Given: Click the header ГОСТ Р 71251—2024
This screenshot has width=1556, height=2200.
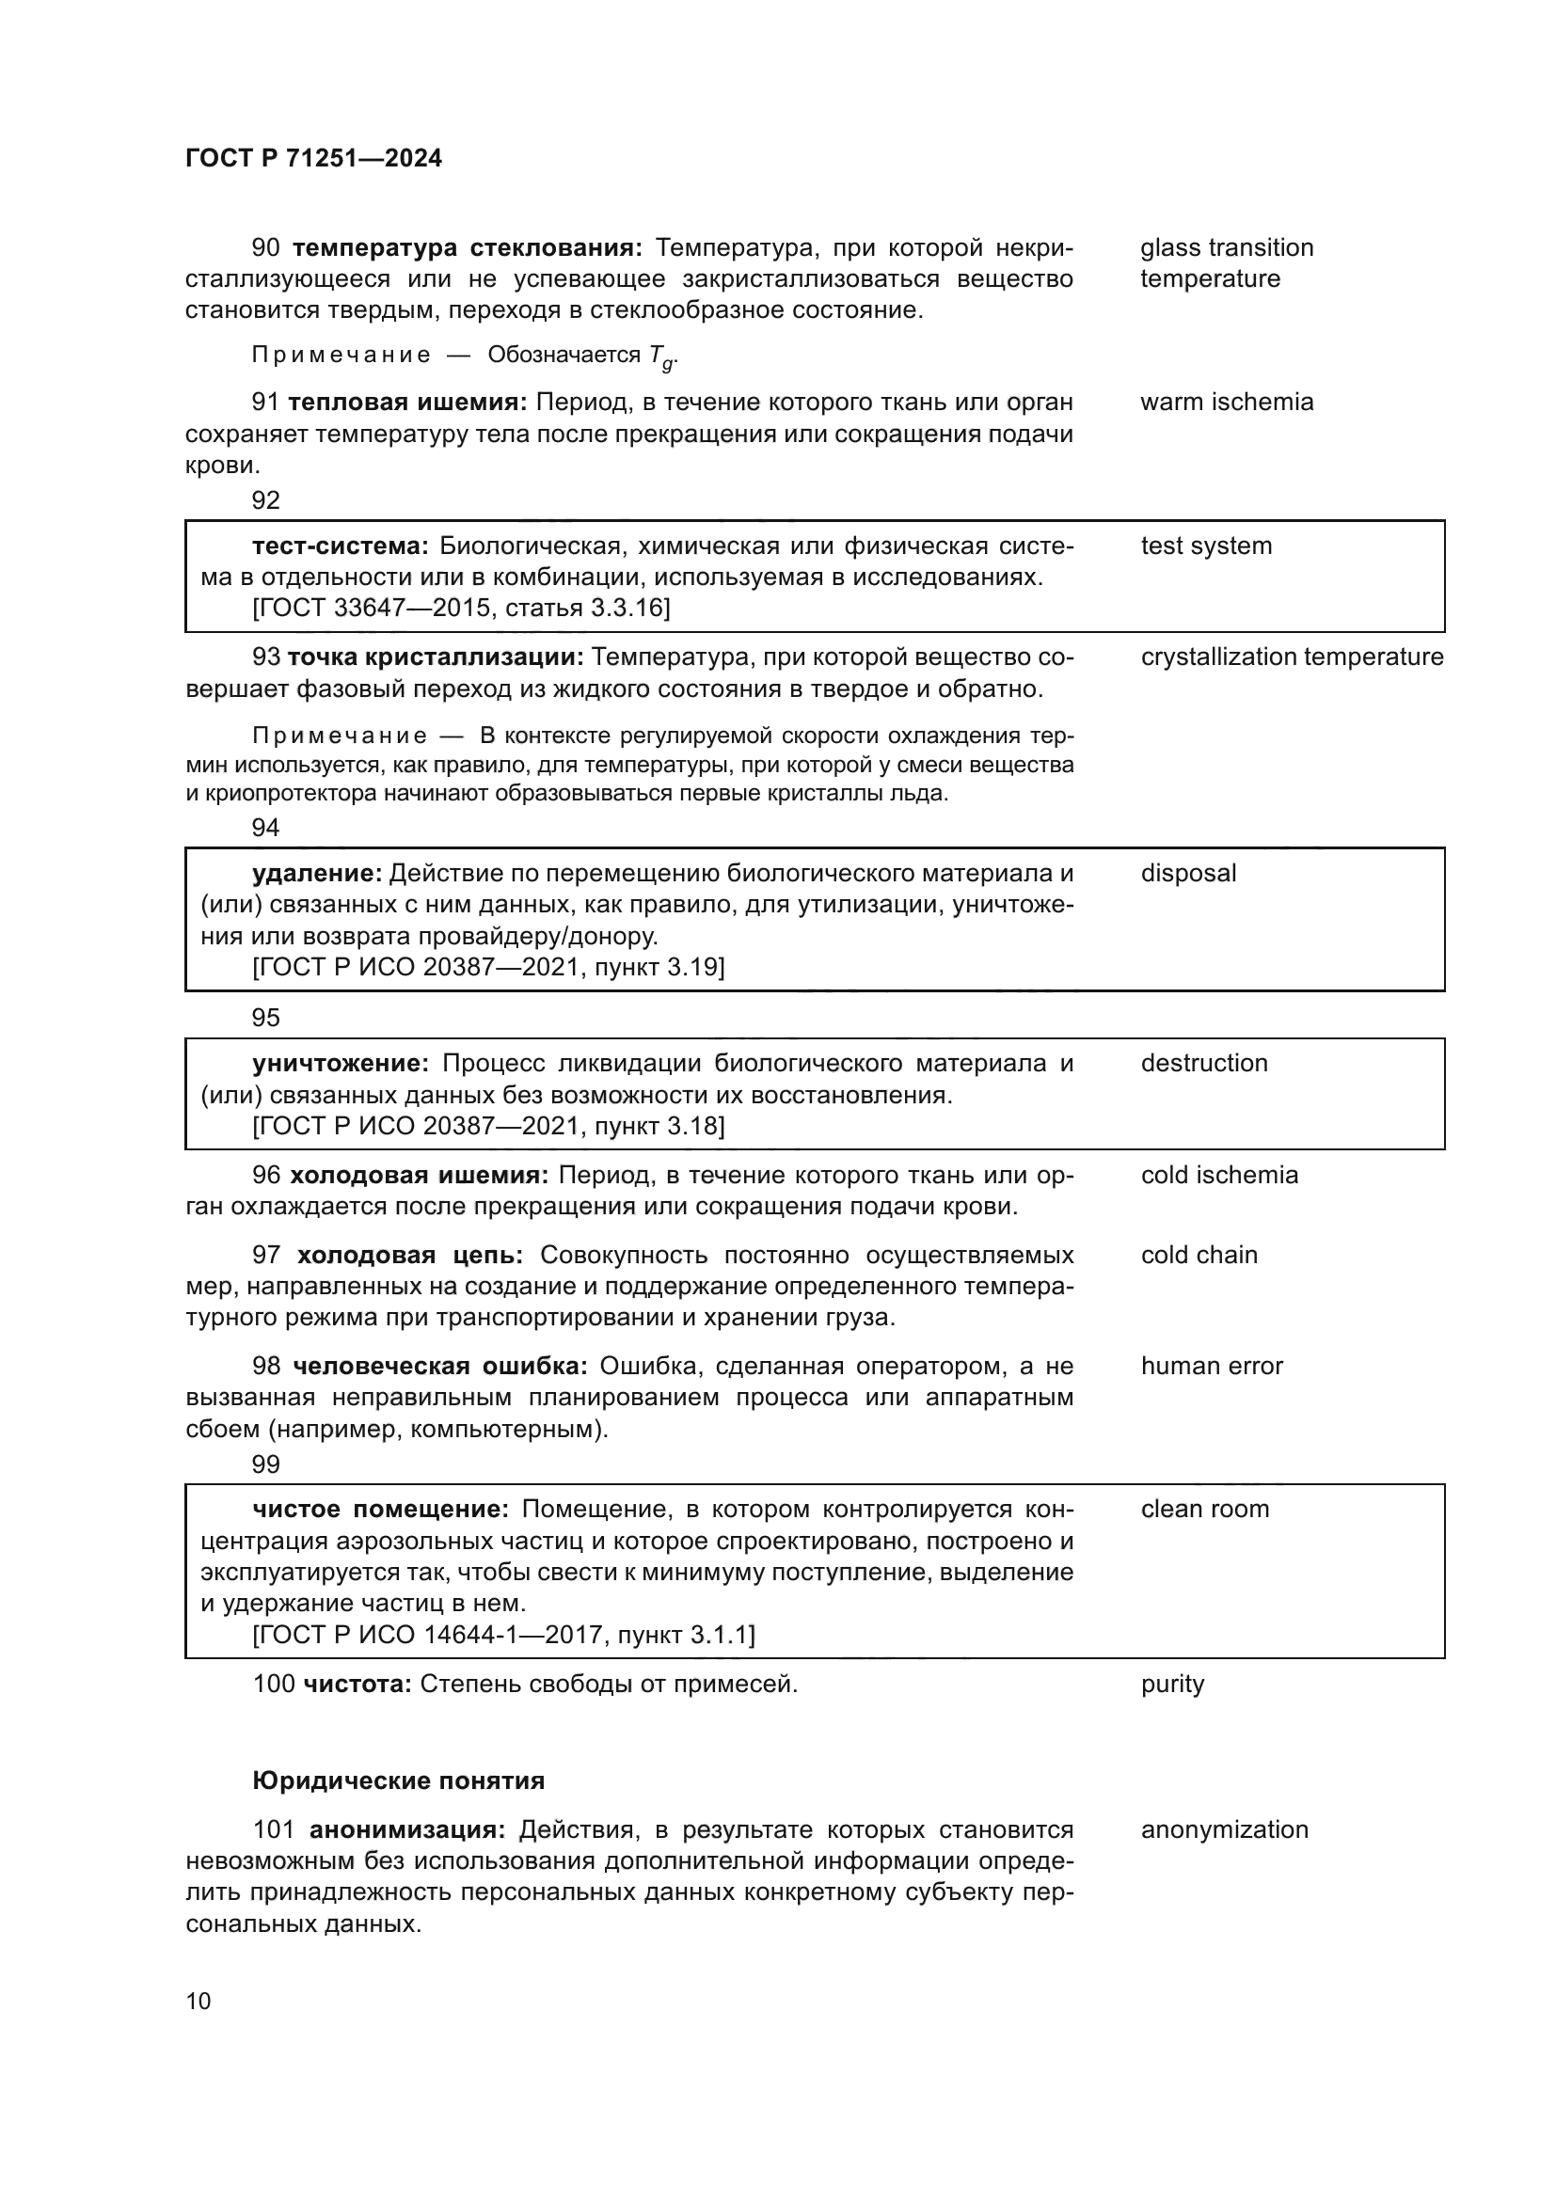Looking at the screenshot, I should point(313,159).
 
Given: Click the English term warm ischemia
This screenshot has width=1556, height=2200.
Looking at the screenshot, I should point(1227,403).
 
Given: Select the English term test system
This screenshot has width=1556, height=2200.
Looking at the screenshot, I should point(1206,546).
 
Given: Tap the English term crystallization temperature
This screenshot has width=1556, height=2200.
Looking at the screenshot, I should point(1292,657).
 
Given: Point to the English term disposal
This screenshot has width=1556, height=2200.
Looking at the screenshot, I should point(1188,874).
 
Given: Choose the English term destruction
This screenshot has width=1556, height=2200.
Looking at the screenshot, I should point(1203,1064).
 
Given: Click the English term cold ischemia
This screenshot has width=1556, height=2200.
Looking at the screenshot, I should point(1218,1176).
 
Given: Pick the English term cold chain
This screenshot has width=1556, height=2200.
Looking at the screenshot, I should point(1199,1256).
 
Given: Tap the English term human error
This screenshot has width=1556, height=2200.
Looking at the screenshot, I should point(1211,1367).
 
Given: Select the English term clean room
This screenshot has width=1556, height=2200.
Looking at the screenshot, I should point(1204,1509).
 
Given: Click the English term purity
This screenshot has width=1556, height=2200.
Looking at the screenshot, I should point(1172,1685).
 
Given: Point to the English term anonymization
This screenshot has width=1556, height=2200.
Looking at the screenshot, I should point(1224,1830).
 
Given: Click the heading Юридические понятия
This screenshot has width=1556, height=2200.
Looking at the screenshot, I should point(399,1781).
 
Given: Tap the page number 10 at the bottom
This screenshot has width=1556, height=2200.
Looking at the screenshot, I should point(198,2002).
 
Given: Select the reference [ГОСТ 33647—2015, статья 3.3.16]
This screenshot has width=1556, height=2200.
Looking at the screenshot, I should point(461,609).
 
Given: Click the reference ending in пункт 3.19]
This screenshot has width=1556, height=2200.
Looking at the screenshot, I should point(488,967).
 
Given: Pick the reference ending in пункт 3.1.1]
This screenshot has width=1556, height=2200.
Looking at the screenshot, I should point(504,1636).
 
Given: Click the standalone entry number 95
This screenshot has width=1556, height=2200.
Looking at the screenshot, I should point(265,1018).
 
